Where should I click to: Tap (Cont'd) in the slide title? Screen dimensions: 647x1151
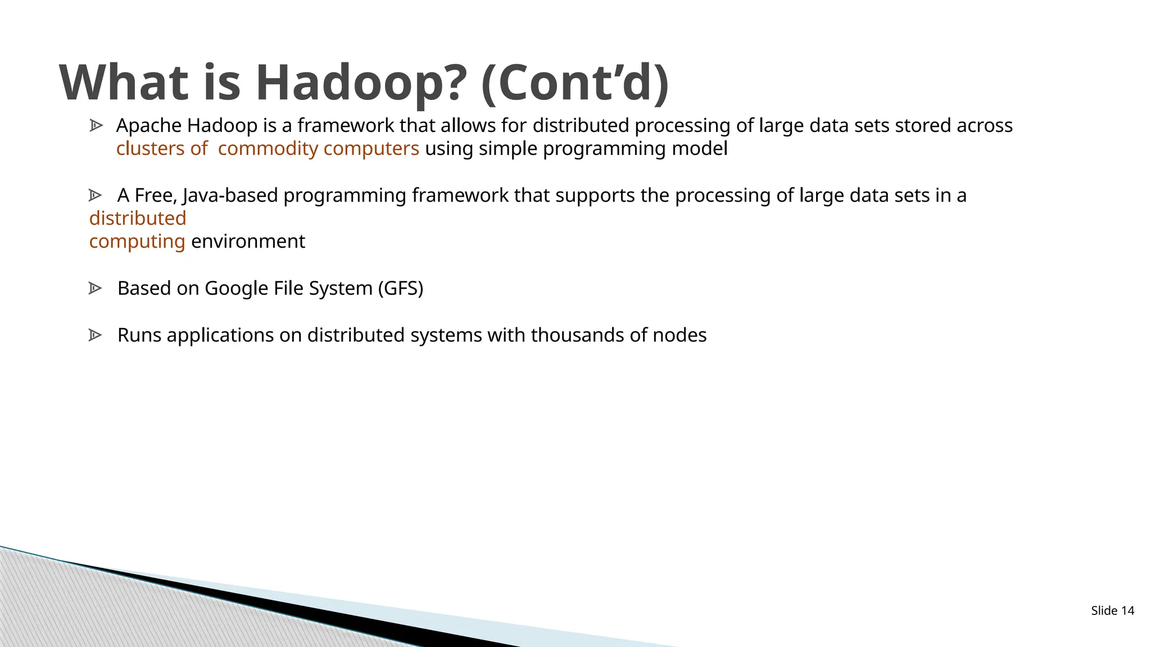click(575, 83)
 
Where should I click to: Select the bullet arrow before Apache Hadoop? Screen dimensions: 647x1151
click(96, 125)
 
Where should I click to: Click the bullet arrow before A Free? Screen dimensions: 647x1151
click(95, 195)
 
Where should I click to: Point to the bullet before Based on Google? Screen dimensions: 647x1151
click(95, 288)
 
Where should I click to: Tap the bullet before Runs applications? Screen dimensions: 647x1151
click(95, 335)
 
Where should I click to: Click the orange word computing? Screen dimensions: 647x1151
click(137, 242)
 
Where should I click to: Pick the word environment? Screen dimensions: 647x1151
click(248, 242)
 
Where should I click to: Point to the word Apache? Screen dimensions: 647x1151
click(149, 126)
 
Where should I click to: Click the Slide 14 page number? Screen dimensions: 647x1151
click(1112, 610)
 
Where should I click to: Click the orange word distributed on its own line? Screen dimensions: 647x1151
click(138, 218)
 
